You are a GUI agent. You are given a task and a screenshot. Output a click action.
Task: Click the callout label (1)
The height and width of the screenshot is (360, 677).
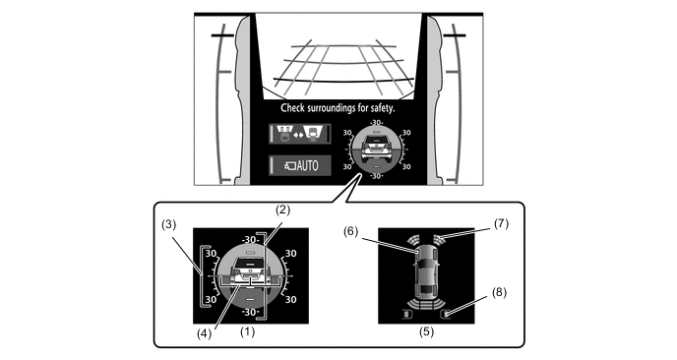[x=247, y=331]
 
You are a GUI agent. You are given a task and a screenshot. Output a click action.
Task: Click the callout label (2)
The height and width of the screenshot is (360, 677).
[x=282, y=210]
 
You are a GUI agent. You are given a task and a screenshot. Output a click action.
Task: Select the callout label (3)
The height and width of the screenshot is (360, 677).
[x=169, y=225]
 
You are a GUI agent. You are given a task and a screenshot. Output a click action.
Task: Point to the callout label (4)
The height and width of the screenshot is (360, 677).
[x=205, y=333]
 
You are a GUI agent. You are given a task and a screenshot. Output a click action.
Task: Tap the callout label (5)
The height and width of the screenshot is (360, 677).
[x=426, y=331]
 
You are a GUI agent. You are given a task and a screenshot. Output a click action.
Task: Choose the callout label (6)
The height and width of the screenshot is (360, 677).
[x=351, y=232]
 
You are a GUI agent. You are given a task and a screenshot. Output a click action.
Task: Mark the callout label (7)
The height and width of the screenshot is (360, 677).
[x=501, y=224]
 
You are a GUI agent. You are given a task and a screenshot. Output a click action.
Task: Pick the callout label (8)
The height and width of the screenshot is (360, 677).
[x=499, y=293]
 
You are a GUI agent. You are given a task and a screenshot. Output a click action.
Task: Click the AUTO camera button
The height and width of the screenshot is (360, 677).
[x=300, y=165]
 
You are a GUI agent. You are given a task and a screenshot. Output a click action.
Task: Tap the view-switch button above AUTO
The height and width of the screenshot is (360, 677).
[x=300, y=134]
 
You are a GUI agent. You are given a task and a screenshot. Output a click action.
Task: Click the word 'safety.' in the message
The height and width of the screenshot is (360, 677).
[x=383, y=108]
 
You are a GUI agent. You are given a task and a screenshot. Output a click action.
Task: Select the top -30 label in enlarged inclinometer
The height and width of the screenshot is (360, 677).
[x=250, y=240]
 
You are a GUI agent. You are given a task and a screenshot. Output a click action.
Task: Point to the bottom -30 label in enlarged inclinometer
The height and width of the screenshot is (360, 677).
[x=250, y=312]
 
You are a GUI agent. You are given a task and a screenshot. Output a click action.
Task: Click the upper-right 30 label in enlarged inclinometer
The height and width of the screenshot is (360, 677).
[x=291, y=254]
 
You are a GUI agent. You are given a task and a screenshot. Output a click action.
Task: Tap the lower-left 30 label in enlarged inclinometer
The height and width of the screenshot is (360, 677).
[x=211, y=299]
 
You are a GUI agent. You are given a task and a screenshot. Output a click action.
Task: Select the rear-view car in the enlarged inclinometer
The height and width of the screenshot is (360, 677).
[x=250, y=275]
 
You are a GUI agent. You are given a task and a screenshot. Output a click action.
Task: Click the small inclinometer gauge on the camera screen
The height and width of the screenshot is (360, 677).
[x=377, y=150]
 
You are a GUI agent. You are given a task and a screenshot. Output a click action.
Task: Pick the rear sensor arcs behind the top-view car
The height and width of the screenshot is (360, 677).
[x=426, y=304]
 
